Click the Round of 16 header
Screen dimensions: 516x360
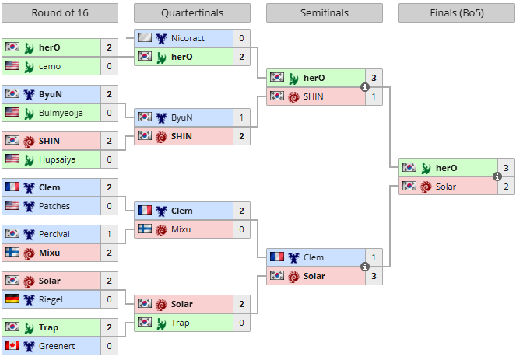pyautogui.click(x=60, y=12)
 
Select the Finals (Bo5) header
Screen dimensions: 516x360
pyautogui.click(x=457, y=12)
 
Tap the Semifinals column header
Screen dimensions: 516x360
pyautogui.click(x=325, y=12)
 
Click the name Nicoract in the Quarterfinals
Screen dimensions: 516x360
pyautogui.click(x=188, y=38)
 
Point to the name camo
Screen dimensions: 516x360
pyautogui.click(x=50, y=66)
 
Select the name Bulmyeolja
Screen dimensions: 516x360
pyautogui.click(x=61, y=113)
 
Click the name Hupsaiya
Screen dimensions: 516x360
pyautogui.click(x=58, y=159)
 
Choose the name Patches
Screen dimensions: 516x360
pyautogui.click(x=54, y=206)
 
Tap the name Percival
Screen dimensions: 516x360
pyautogui.click(x=54, y=234)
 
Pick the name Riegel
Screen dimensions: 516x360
pyautogui.click(x=51, y=299)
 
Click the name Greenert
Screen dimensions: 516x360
pyautogui.click(x=57, y=346)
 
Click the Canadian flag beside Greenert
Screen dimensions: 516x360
pyautogui.click(x=12, y=345)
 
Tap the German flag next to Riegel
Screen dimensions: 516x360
pyautogui.click(x=12, y=299)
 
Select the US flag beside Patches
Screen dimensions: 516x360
pyautogui.click(x=12, y=205)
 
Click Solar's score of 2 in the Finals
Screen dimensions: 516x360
pyautogui.click(x=506, y=187)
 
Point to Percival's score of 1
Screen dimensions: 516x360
pyautogui.click(x=109, y=234)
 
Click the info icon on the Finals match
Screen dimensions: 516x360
pyautogui.click(x=497, y=177)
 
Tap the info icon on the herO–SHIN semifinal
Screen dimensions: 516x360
pyautogui.click(x=364, y=87)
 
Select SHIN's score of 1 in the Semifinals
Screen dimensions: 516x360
pyautogui.click(x=374, y=96)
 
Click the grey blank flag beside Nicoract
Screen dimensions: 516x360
pyautogui.click(x=145, y=37)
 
